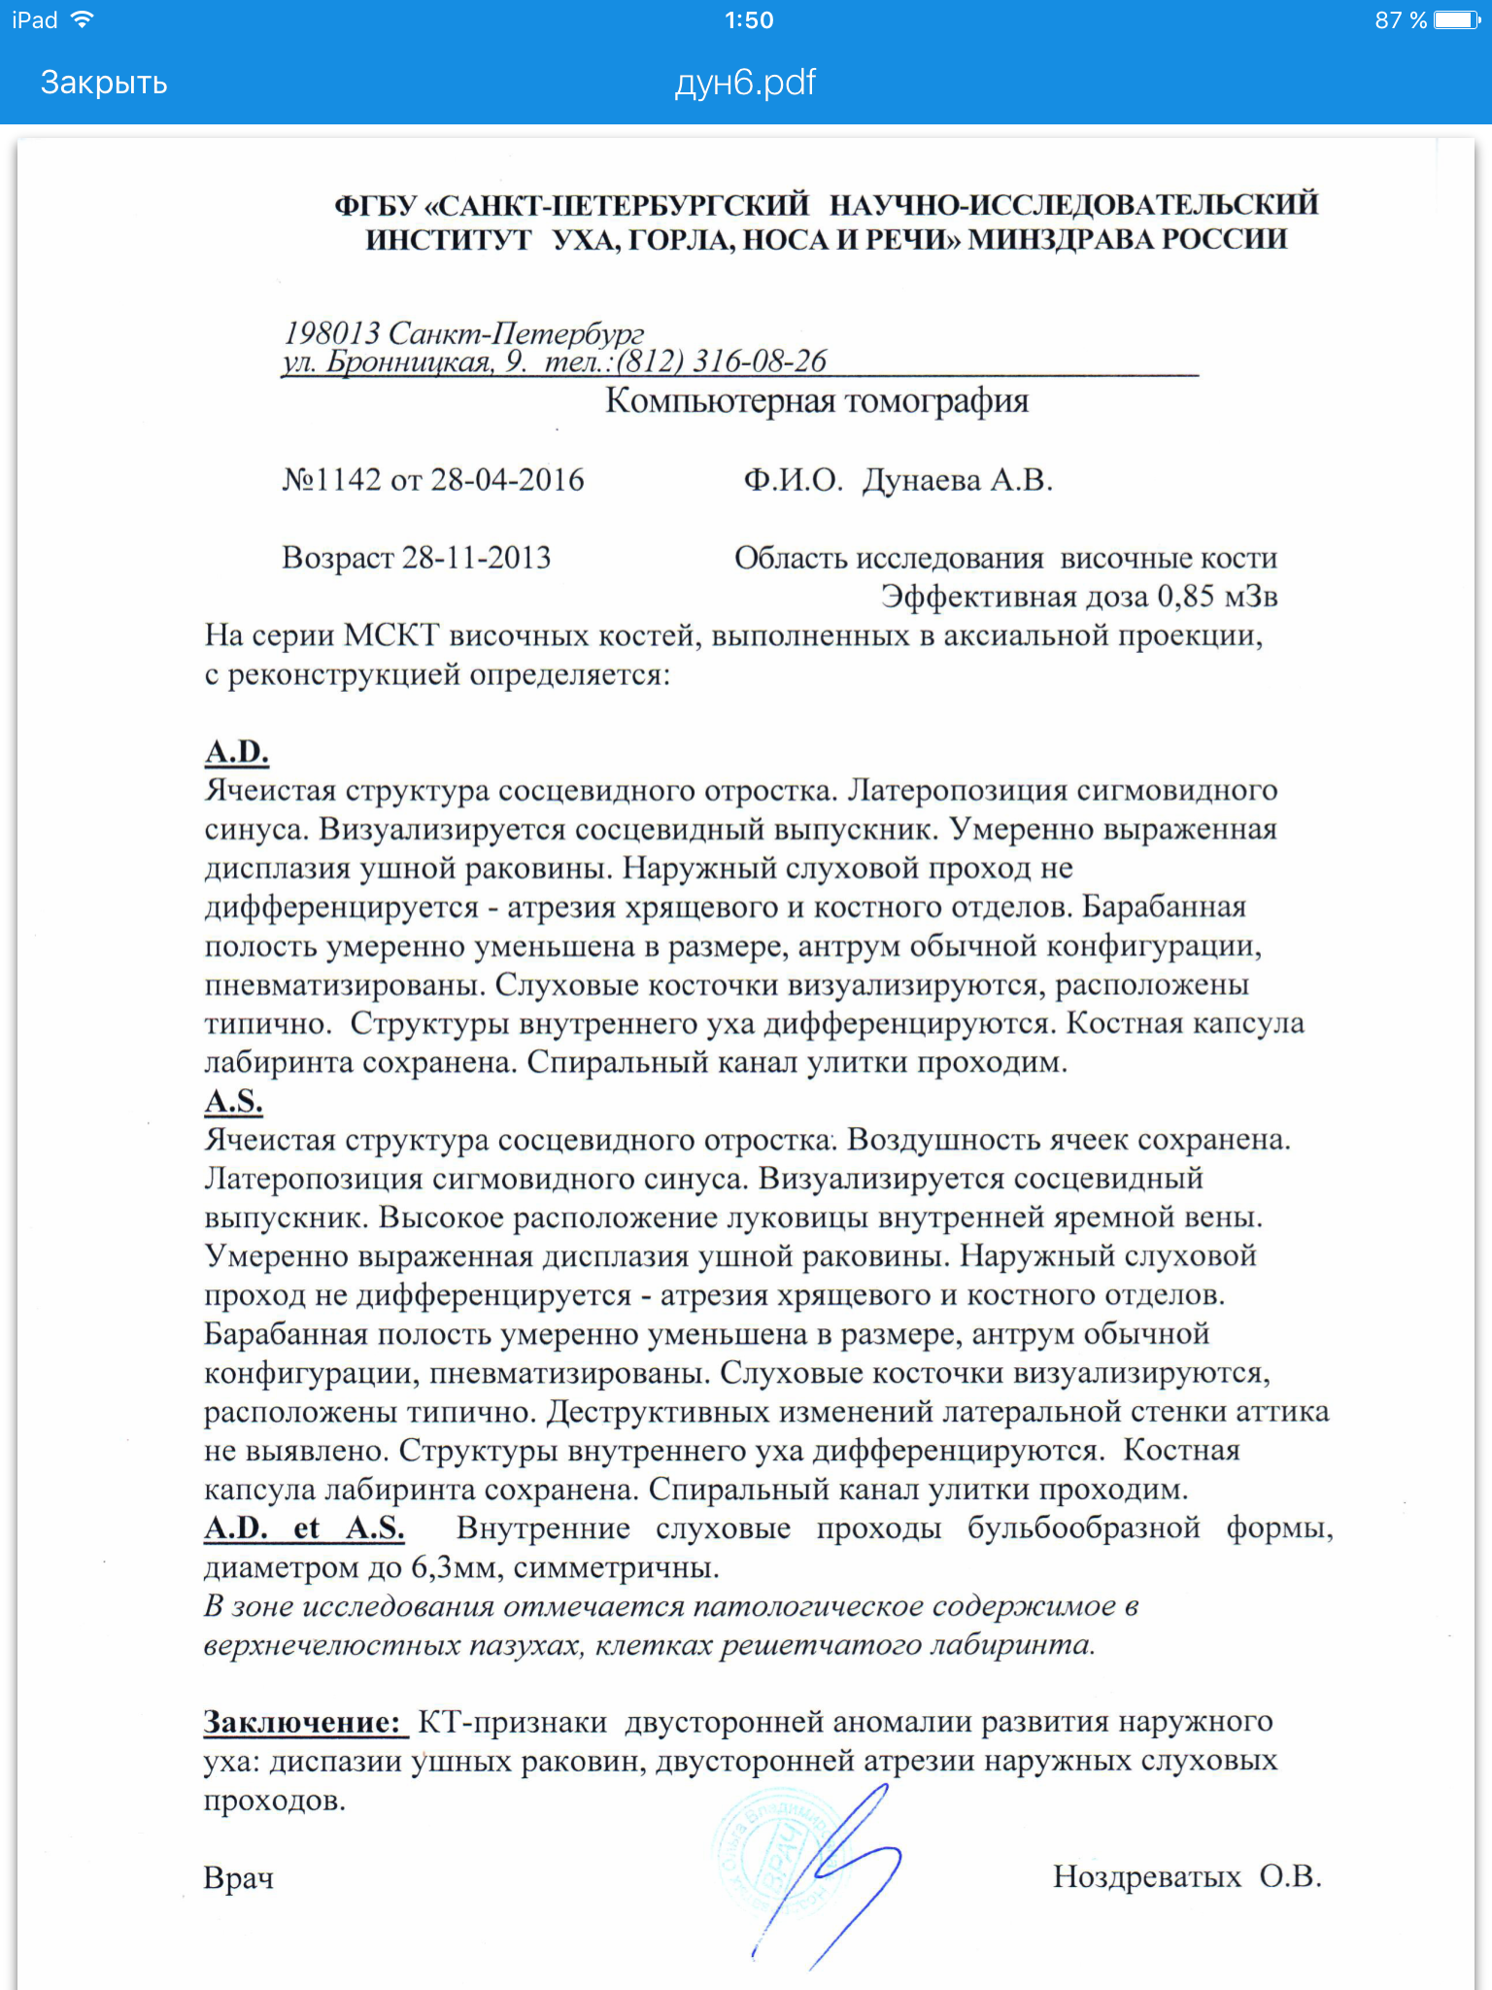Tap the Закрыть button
pyautogui.click(x=104, y=83)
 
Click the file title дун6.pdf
pyautogui.click(x=745, y=83)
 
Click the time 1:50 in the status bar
pyautogui.click(x=749, y=20)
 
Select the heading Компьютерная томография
pyautogui.click(x=817, y=400)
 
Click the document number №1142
pyautogui.click(x=331, y=480)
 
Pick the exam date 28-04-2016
pyautogui.click(x=507, y=480)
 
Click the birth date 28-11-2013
pyautogui.click(x=476, y=558)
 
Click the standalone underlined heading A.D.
pyautogui.click(x=237, y=752)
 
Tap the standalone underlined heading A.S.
pyautogui.click(x=234, y=1101)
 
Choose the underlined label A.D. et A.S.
pyautogui.click(x=304, y=1528)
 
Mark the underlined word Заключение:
pyautogui.click(x=303, y=1722)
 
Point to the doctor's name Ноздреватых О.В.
pyautogui.click(x=1187, y=1876)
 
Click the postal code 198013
pyautogui.click(x=332, y=333)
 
